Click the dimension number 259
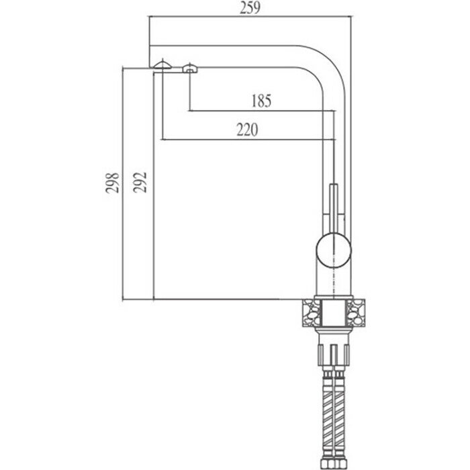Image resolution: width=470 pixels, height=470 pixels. (x=250, y=8)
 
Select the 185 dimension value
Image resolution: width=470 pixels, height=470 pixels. (x=260, y=101)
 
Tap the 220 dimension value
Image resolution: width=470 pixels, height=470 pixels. (x=247, y=130)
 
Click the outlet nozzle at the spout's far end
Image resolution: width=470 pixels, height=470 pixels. (x=162, y=64)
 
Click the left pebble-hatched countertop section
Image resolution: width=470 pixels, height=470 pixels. (x=313, y=313)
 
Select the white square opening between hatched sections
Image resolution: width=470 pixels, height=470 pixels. (x=334, y=313)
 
